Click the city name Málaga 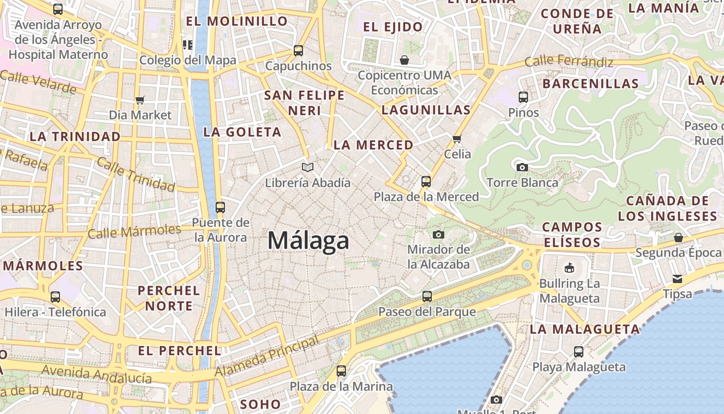click(x=308, y=241)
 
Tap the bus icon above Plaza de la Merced click(x=426, y=182)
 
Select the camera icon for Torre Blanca click(x=522, y=167)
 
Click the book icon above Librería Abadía click(x=308, y=167)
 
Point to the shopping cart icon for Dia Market click(x=140, y=100)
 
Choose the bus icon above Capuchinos click(x=298, y=51)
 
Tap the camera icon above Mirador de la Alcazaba click(x=439, y=234)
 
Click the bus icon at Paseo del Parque click(x=427, y=297)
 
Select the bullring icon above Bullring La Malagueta click(x=569, y=268)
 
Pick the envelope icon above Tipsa click(x=677, y=279)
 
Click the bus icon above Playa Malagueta click(x=579, y=352)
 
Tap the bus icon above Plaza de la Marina click(x=341, y=371)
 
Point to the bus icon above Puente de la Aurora click(x=220, y=208)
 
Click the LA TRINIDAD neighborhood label click(x=75, y=137)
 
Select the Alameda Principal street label click(x=267, y=357)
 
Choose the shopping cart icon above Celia click(x=457, y=139)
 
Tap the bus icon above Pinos click(x=523, y=97)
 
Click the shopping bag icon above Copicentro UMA click(x=404, y=60)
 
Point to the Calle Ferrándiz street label click(x=569, y=62)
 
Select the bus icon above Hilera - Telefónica click(x=55, y=297)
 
